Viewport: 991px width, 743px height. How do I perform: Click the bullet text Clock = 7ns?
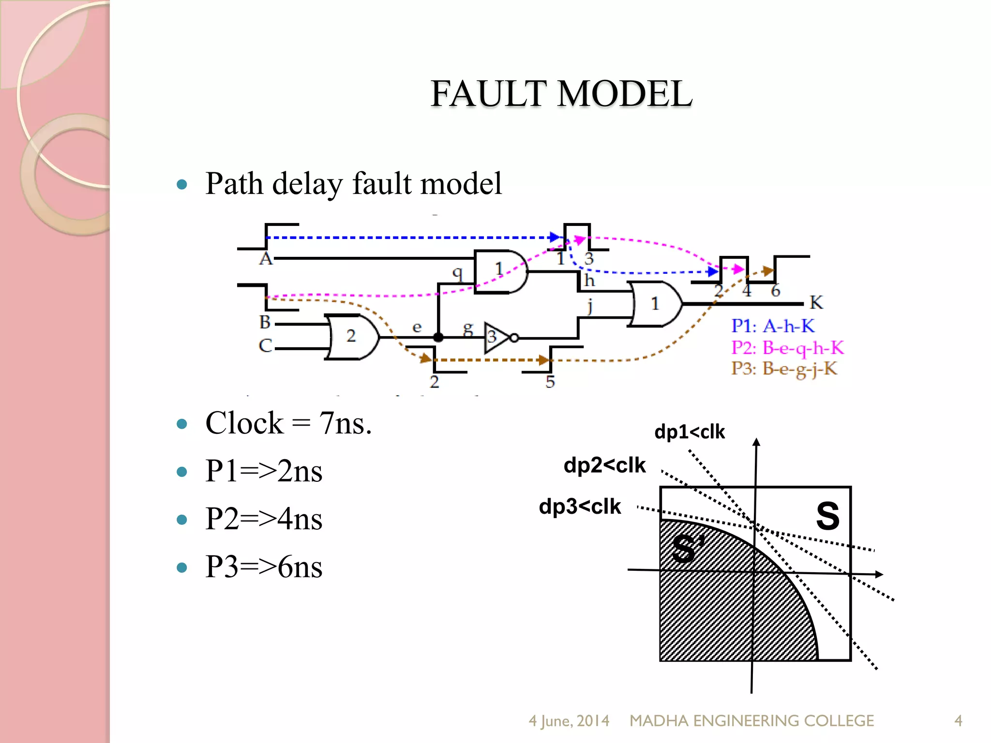click(x=288, y=423)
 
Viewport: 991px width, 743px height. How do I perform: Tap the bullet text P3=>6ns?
click(x=264, y=566)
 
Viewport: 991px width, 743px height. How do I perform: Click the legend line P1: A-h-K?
click(x=773, y=326)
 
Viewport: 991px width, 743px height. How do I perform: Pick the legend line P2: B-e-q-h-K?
click(x=787, y=348)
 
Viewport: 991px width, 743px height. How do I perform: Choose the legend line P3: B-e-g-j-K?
click(x=784, y=369)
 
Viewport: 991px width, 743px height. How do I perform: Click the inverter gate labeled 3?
click(x=496, y=337)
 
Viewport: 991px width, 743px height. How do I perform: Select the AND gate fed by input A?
click(x=499, y=271)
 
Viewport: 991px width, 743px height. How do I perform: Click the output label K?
click(x=816, y=303)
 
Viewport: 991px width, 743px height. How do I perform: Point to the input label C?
click(x=265, y=346)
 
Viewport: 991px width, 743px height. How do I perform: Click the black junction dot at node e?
click(x=438, y=337)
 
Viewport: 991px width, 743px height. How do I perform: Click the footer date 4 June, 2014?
click(x=569, y=721)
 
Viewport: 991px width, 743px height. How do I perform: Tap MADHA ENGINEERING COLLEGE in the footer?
click(x=751, y=721)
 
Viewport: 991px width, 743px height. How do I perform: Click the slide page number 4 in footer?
click(x=958, y=721)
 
